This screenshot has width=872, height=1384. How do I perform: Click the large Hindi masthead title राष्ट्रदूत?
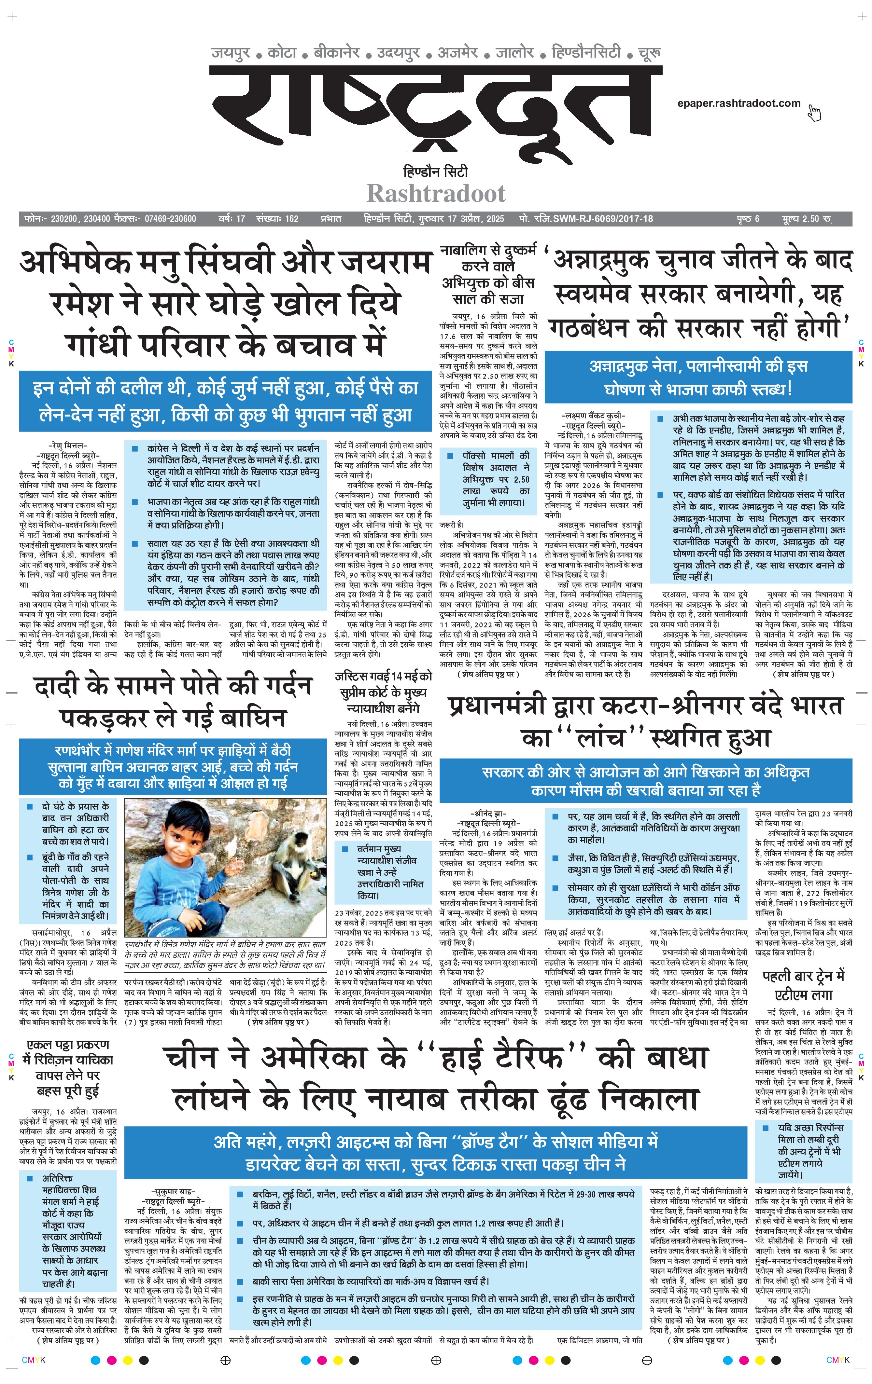(435, 115)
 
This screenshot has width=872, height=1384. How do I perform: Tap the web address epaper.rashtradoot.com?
(738, 103)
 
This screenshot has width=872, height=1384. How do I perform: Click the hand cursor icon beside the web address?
(814, 113)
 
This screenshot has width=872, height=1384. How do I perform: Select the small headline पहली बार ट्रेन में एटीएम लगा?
(804, 984)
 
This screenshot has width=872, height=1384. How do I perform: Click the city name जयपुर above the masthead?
(231, 53)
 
